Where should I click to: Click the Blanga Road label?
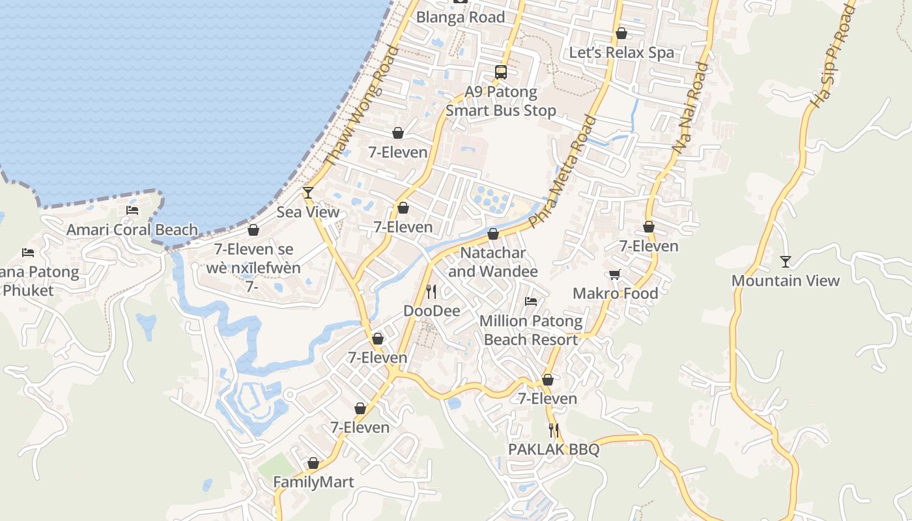461,17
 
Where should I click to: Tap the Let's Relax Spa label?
621,53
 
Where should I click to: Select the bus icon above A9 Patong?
501,72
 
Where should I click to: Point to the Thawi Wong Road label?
360,106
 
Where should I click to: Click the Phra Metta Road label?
564,171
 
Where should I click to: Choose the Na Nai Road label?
690,108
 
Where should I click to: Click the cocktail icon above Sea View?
308,193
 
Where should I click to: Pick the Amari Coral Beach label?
132,230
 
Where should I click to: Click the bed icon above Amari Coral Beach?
132,210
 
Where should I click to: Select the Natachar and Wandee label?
493,262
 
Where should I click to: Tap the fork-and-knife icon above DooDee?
431,292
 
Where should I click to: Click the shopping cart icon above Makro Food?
614,274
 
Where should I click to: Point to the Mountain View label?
786,281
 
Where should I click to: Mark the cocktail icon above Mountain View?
786,262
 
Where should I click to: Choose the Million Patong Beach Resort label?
531,330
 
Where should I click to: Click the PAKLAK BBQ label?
554,449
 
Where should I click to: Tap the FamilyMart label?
313,483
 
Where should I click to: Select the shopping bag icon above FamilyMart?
313,463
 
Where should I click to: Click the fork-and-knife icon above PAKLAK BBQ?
554,430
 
